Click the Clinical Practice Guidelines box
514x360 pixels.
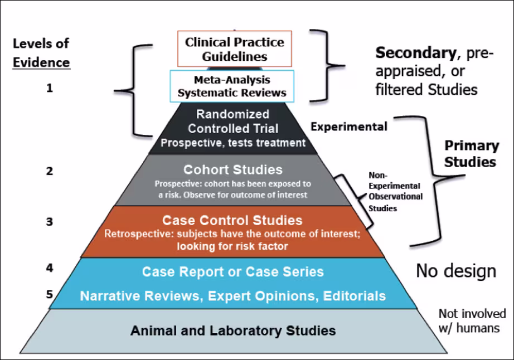[x=234, y=49]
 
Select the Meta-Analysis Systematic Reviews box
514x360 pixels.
[x=232, y=86]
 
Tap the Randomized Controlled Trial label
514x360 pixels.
[x=232, y=122]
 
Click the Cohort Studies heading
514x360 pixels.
[x=233, y=169]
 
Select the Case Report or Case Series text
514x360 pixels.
[x=232, y=272]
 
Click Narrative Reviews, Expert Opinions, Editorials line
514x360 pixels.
[x=232, y=296]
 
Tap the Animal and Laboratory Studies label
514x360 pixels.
[x=233, y=330]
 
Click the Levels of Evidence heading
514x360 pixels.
[x=41, y=53]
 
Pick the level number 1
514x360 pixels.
[x=50, y=87]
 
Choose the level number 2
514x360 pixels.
[x=50, y=171]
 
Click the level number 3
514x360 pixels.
[x=50, y=222]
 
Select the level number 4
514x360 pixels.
[x=50, y=267]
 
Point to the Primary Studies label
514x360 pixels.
[x=471, y=154]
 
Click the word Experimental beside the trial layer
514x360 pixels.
[x=348, y=127]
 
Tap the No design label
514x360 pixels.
[x=455, y=271]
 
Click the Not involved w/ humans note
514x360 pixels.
[x=472, y=320]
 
